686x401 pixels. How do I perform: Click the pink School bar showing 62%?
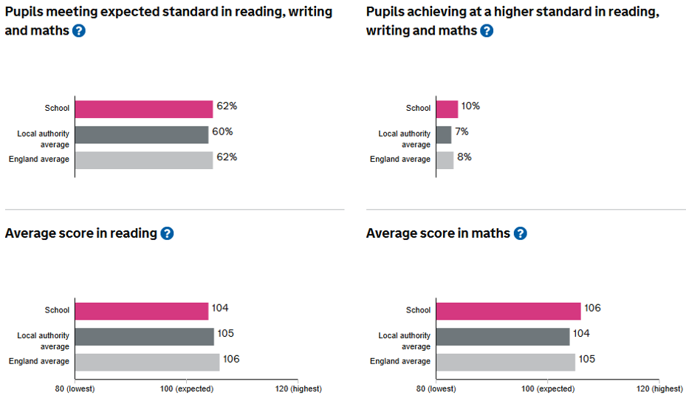(144, 109)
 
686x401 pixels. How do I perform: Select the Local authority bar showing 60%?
(142, 134)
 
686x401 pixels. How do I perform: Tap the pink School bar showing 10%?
(447, 109)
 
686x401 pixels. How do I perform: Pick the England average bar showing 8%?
(445, 160)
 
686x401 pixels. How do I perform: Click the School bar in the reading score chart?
(142, 311)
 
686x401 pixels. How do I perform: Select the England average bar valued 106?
(147, 362)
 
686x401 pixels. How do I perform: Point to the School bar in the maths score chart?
(508, 311)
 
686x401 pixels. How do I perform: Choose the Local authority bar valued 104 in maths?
(503, 337)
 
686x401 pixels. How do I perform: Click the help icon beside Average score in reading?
(167, 233)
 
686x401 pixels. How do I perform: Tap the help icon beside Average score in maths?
(520, 233)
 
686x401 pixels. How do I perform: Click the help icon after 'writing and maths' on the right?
(486, 31)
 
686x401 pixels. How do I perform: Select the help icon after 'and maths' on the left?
(79, 31)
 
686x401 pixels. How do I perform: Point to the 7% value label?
(462, 131)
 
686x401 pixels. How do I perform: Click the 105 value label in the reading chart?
(225, 334)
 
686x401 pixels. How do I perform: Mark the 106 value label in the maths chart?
(592, 308)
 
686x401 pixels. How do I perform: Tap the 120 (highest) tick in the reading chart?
(298, 388)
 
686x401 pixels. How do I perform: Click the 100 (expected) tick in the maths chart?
(548, 388)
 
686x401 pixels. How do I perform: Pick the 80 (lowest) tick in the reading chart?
(75, 388)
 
